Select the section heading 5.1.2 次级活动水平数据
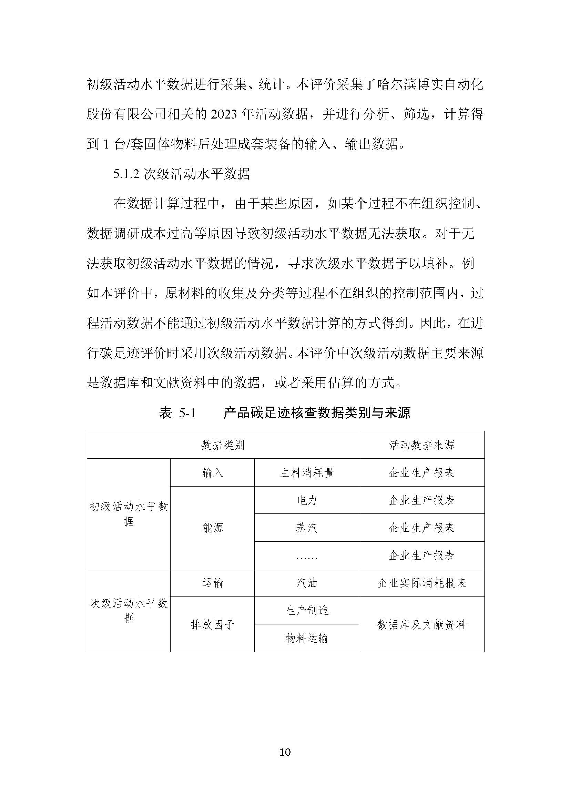tap(182, 174)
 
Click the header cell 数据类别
tap(223, 445)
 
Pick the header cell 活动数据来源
tap(421, 445)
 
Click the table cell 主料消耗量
tap(307, 473)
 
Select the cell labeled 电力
tap(307, 500)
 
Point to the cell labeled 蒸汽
tap(307, 528)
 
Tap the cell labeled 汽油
tap(307, 583)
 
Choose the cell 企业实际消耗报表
tap(421, 583)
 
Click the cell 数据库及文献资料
tap(421, 624)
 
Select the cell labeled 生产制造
tap(307, 611)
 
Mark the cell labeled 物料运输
tap(307, 638)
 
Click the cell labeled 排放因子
tap(212, 624)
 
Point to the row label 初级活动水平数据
tap(129, 514)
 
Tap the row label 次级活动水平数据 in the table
tap(129, 611)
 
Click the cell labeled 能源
tap(212, 528)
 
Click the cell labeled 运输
tap(212, 583)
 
